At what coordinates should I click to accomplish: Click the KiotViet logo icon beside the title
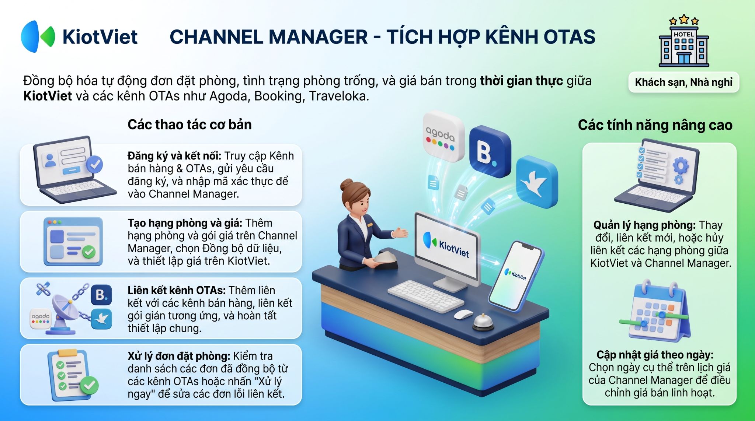pos(38,36)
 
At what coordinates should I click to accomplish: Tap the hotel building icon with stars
pos(684,41)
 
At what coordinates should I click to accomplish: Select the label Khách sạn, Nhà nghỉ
pos(683,82)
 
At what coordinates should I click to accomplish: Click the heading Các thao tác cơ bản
pos(189,124)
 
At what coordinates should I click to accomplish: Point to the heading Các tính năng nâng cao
pos(655,125)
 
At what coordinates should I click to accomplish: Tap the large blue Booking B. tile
pos(490,151)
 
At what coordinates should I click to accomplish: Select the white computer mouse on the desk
pos(463,314)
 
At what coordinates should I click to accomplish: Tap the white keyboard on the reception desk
pos(425,296)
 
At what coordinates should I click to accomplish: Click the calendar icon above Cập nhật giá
pos(655,311)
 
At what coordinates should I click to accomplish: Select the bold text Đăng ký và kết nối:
pos(174,156)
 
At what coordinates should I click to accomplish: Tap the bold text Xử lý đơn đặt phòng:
pos(179,356)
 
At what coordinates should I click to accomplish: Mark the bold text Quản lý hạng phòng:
pos(644,225)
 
